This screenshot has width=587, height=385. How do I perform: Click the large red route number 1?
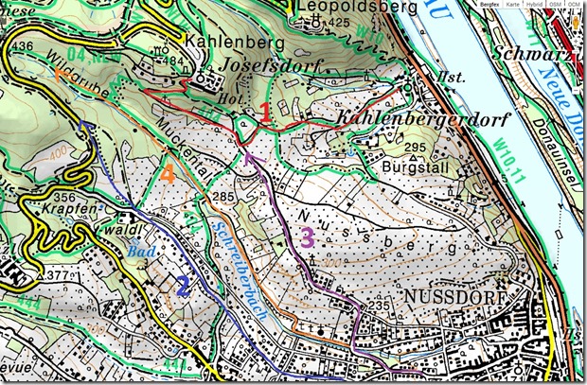click(266, 114)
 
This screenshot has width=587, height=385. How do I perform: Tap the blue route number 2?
click(183, 284)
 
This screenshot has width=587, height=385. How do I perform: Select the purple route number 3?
click(306, 237)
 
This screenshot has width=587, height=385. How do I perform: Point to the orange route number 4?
click(167, 175)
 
